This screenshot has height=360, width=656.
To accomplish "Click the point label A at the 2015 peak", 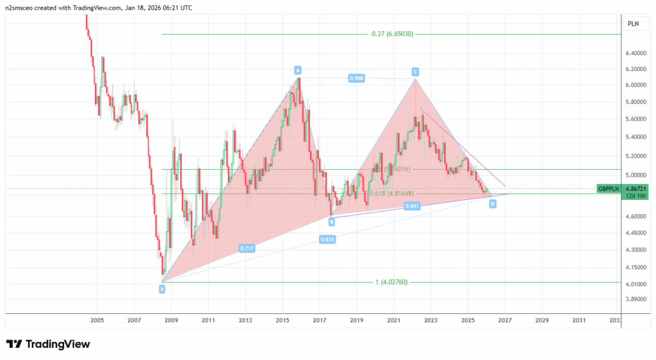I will click(298, 69).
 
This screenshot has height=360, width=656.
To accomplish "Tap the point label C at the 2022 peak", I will click(415, 71).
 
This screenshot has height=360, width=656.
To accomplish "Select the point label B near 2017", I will click(332, 222).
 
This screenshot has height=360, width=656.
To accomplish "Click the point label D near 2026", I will click(493, 204).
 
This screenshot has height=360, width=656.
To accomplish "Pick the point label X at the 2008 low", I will click(162, 289).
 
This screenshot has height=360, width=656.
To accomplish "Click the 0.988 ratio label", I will click(357, 78).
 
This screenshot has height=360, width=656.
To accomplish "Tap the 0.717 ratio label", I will click(247, 248).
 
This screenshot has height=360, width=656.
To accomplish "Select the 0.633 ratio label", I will click(327, 240).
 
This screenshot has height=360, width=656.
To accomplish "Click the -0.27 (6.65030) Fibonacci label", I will click(391, 34).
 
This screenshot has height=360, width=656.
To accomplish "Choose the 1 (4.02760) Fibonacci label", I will click(391, 282).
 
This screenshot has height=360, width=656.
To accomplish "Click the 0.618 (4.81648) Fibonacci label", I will click(392, 193).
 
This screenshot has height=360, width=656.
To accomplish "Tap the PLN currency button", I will click(633, 23).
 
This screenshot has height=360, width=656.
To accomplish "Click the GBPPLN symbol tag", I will click(609, 188).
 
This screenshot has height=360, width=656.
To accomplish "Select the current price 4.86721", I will click(635, 188).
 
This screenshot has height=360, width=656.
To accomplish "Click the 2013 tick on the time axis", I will click(245, 320).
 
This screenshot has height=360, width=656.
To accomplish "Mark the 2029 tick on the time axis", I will click(541, 320).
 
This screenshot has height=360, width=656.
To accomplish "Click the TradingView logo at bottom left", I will click(48, 344).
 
